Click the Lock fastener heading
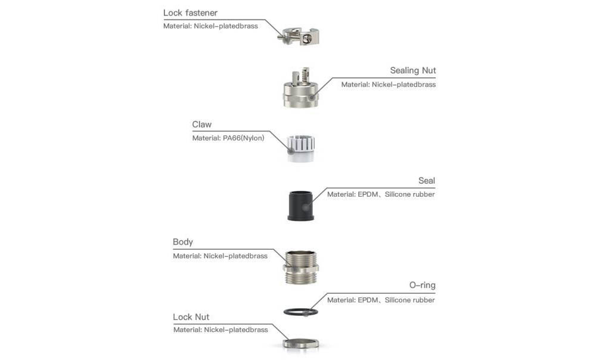tap(190, 13)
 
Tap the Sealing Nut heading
tap(412, 71)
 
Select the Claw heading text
tap(201, 125)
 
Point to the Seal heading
tap(426, 181)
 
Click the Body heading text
tap(182, 242)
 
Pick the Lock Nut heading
tap(191, 317)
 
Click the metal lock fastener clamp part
tap(300, 36)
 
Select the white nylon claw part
tap(301, 148)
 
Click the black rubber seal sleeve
tap(301, 206)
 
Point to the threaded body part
tap(301, 266)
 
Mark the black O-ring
tap(300, 312)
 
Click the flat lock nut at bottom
tap(301, 343)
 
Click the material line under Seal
tap(381, 194)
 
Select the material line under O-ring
tap(381, 300)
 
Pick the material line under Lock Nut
tap(221, 330)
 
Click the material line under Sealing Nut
tap(388, 85)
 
